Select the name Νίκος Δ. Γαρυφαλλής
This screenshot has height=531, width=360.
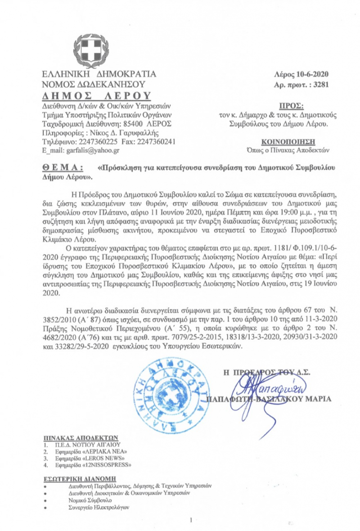click(x=109, y=132)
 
